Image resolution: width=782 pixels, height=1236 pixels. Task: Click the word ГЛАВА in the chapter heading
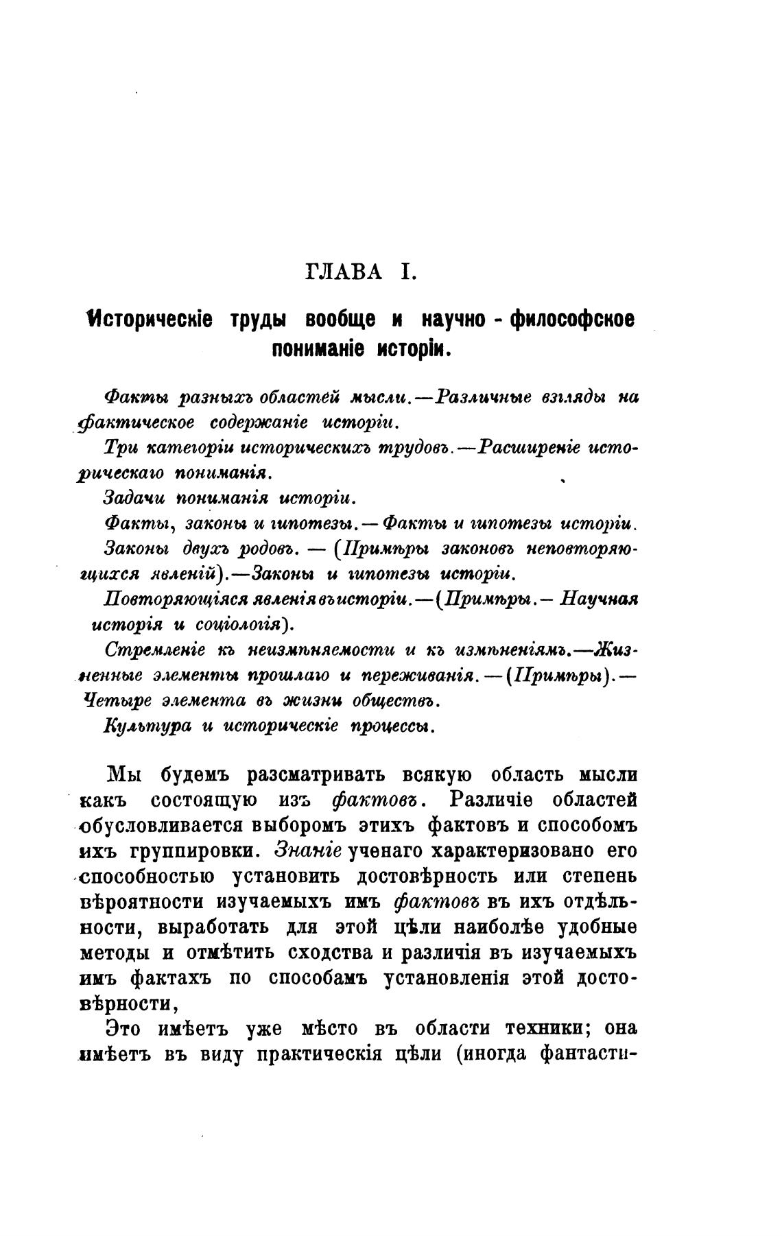point(343,272)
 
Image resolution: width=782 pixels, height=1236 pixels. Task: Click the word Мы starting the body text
point(124,775)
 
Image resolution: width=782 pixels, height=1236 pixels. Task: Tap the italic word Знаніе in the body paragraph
point(308,851)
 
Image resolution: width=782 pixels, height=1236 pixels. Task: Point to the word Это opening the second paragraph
point(124,1028)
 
